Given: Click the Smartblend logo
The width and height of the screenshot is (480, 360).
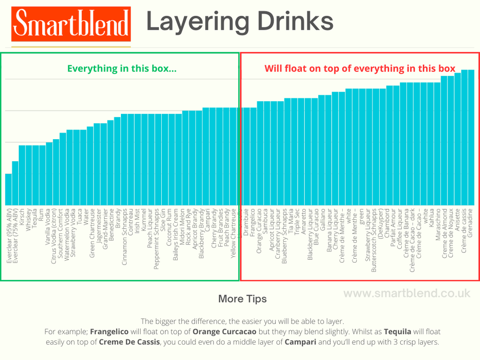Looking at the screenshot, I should click(71, 24).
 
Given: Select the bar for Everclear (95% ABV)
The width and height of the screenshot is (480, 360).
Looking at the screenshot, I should click(8, 190).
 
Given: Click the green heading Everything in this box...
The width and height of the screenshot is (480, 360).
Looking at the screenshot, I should click(121, 68).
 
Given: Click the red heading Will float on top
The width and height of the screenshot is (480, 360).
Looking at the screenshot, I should click(360, 68).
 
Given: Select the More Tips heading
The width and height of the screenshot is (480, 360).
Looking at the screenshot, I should click(242, 299).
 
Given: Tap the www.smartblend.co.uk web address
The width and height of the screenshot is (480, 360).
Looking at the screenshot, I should click(407, 293).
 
